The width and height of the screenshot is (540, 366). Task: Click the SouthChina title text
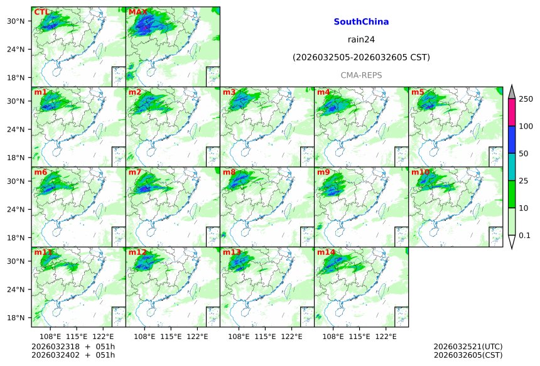tap(361, 21)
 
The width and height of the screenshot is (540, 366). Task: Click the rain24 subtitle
tap(361, 39)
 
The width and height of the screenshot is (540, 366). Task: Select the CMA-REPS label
tap(361, 75)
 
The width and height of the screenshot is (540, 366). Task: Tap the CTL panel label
tap(41, 12)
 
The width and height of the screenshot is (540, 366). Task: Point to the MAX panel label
tap(137, 12)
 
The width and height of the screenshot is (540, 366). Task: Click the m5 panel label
tap(418, 92)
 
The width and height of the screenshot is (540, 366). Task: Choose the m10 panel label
tap(420, 172)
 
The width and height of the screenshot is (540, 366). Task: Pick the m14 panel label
tap(326, 252)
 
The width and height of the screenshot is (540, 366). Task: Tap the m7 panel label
tap(135, 172)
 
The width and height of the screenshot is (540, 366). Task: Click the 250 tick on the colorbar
tap(526, 99)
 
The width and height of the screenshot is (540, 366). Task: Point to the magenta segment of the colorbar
tap(512, 112)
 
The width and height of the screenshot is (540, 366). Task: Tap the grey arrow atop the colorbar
tap(512, 92)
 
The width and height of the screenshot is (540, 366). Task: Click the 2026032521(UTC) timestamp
tap(468, 347)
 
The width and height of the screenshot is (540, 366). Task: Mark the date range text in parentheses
tap(361, 57)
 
